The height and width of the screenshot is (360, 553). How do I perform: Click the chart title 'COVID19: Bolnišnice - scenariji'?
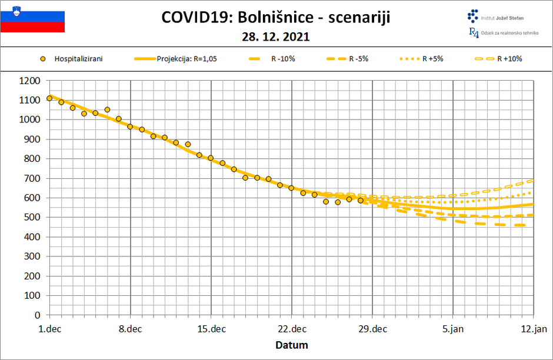click(276, 18)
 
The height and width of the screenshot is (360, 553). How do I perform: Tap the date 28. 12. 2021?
click(276, 36)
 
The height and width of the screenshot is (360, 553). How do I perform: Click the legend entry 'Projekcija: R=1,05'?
click(176, 59)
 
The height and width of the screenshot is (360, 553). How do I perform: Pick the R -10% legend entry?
click(271, 59)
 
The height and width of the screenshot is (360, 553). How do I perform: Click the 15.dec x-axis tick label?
click(211, 329)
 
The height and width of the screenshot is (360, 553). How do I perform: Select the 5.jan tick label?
click(453, 329)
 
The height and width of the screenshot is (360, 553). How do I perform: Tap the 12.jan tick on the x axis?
click(533, 329)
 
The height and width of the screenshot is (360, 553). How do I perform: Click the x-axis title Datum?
click(292, 345)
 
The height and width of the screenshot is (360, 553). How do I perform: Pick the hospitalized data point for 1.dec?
click(49, 98)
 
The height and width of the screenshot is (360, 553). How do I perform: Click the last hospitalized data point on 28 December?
click(361, 201)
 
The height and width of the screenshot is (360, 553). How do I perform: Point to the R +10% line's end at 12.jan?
click(532, 181)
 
